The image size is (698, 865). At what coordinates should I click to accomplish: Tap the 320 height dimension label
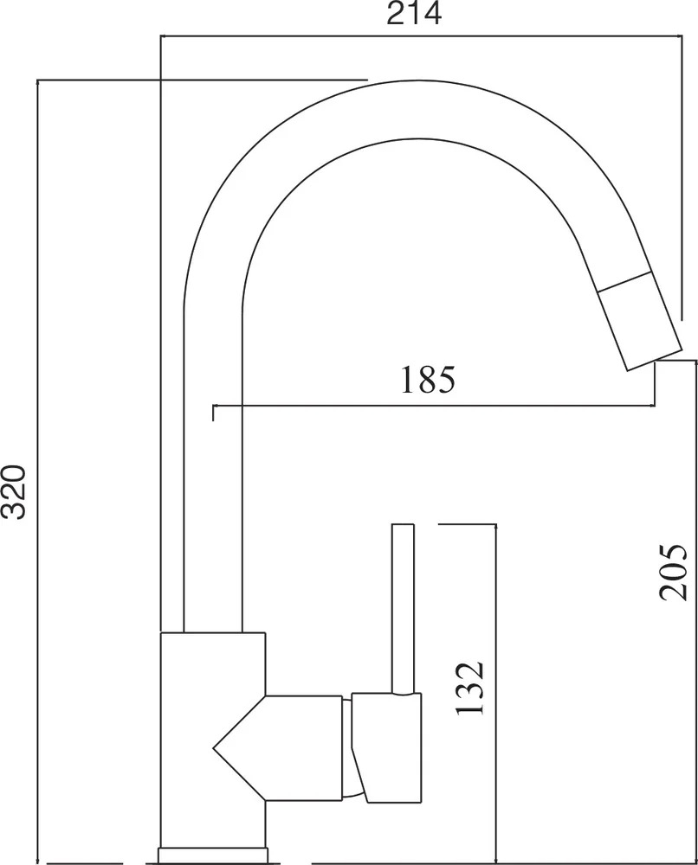pyautogui.click(x=13, y=491)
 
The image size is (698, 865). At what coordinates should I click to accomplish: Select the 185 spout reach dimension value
pyautogui.click(x=428, y=380)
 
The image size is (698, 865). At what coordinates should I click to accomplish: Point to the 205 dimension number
pyautogui.click(x=673, y=573)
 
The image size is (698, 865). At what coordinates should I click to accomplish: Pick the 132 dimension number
pyautogui.click(x=470, y=688)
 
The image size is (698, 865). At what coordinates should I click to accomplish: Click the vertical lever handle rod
pyautogui.click(x=403, y=608)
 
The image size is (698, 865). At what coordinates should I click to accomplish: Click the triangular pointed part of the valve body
pyautogui.click(x=238, y=748)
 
